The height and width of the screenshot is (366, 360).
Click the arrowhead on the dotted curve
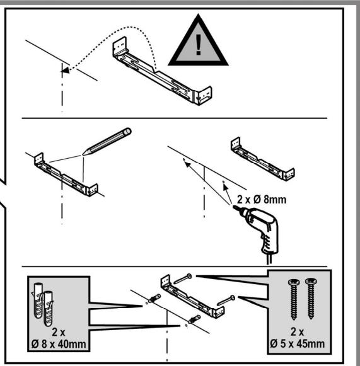click(x=64, y=72)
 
